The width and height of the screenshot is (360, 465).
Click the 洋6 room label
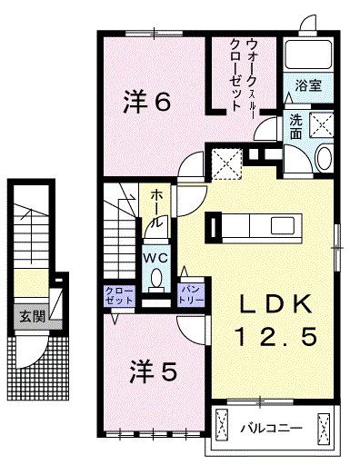pyautogui.click(x=146, y=103)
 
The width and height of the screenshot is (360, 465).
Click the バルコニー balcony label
pyautogui.click(x=271, y=425)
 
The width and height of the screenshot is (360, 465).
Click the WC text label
pyautogui.click(x=154, y=257)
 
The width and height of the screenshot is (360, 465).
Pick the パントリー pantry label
pyautogui.click(x=191, y=292)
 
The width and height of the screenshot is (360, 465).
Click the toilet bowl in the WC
pyautogui.click(x=155, y=278)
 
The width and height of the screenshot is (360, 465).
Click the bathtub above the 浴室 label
pyautogui.click(x=305, y=56)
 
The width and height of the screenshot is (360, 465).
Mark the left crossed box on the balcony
pyautogui.click(x=223, y=426)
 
